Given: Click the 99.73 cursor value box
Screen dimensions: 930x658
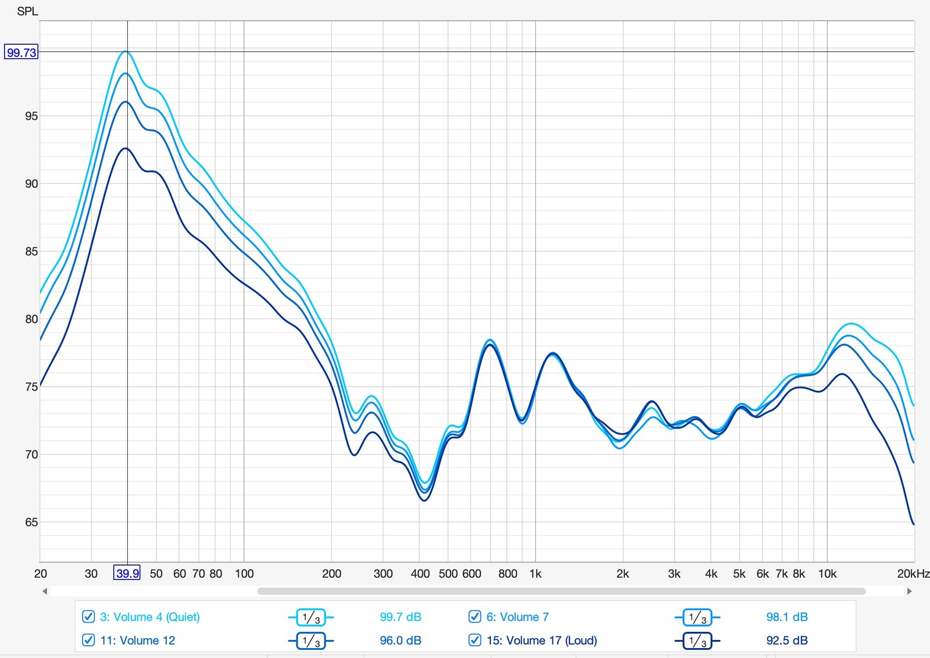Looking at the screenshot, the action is [x=21, y=52].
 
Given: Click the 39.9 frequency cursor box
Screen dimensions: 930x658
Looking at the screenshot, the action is [x=127, y=573].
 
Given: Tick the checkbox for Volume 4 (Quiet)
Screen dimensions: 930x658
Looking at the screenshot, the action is [x=88, y=617].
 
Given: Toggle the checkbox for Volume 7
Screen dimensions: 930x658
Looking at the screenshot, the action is [x=475, y=617].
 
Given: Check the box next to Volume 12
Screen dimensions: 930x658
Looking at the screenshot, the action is [x=88, y=640].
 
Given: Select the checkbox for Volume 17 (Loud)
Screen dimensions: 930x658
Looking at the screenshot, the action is [x=475, y=640].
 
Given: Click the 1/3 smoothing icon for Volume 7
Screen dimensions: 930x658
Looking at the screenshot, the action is [x=697, y=617].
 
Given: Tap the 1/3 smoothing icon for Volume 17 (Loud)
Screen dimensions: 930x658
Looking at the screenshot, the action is [x=697, y=641].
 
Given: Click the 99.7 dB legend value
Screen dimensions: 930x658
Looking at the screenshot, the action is [x=400, y=617].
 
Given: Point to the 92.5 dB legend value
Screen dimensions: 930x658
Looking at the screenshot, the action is [x=787, y=640].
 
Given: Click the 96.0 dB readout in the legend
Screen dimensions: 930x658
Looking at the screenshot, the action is [x=400, y=640].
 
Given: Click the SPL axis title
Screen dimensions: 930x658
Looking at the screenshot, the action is [x=27, y=11].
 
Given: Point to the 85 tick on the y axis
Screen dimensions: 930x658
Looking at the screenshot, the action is [x=31, y=251].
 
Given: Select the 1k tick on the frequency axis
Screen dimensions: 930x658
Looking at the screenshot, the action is [x=535, y=574].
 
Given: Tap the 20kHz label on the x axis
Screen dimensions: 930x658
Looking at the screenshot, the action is [x=913, y=574].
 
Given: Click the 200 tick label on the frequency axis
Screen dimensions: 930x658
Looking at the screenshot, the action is [x=331, y=574].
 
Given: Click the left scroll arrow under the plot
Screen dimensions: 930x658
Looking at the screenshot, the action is [x=45, y=591].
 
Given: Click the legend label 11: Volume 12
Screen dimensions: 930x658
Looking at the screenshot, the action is [x=137, y=640].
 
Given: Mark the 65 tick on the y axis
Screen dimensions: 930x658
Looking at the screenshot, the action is [x=31, y=522].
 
